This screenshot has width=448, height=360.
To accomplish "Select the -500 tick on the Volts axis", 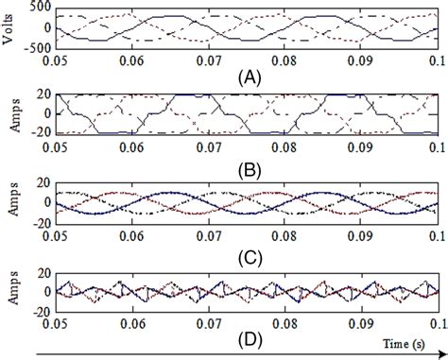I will (37, 43).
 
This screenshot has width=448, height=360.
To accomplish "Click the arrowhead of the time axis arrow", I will (441, 354).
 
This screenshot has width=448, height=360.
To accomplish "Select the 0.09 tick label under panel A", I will (360, 58).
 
